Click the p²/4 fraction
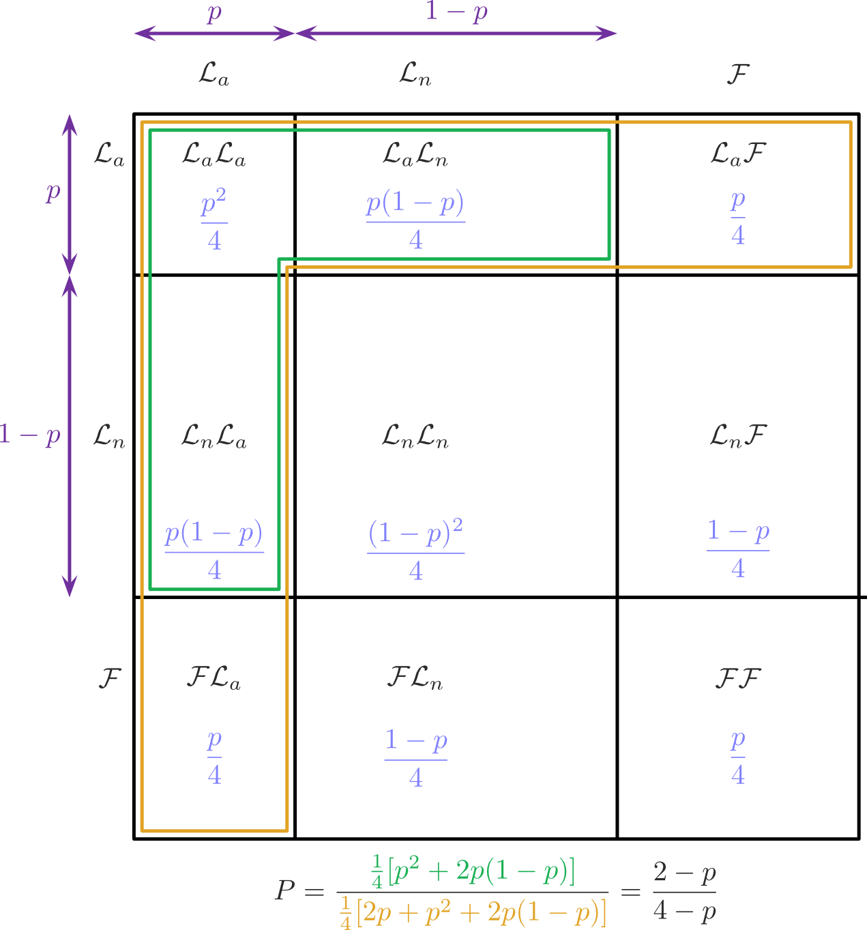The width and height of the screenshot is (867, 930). coord(214,222)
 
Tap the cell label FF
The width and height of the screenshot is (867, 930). coord(737,679)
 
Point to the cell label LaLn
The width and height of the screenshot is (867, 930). coord(415,155)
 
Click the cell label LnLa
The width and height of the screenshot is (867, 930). coord(214,436)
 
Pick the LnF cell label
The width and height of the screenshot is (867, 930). coord(738,436)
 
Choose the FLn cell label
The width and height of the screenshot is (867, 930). coord(415,679)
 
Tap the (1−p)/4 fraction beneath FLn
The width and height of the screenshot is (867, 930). coord(415,758)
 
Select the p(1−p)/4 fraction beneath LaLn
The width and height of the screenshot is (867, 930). coord(415,220)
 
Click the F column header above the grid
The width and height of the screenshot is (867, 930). coord(737,74)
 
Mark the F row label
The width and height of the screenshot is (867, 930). coord(110,679)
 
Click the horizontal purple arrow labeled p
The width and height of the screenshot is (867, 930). coord(214,33)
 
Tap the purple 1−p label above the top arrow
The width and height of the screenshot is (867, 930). coord(456,12)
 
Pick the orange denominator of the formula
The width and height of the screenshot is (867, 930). coord(473,913)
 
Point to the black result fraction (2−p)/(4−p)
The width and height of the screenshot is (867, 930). coord(684,892)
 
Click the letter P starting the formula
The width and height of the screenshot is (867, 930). coord(285,891)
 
